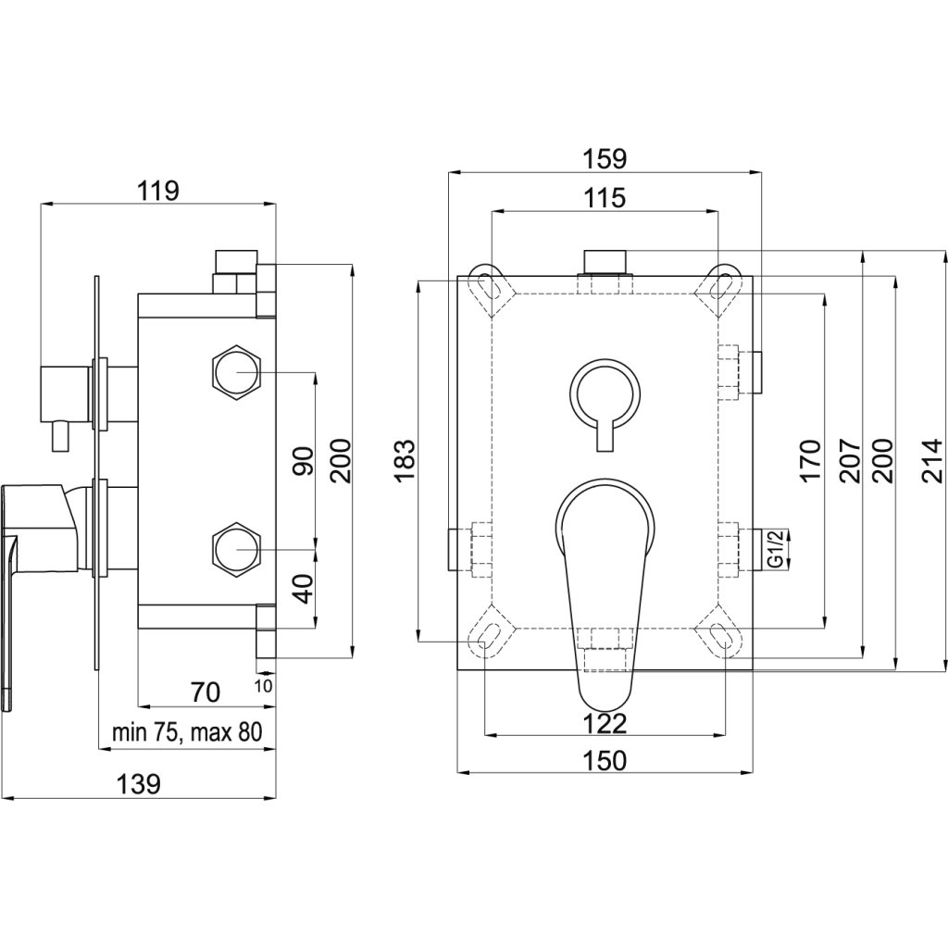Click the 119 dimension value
click(157, 192)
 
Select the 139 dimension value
click(140, 783)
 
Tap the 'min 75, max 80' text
click(186, 732)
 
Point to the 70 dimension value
click(206, 691)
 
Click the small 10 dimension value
click(263, 686)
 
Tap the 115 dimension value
click(605, 197)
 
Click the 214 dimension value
click(932, 460)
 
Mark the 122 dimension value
click(605, 722)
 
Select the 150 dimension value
click(605, 760)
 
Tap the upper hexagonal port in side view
click(237, 372)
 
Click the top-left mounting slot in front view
click(489, 285)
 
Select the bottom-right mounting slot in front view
click(720, 635)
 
